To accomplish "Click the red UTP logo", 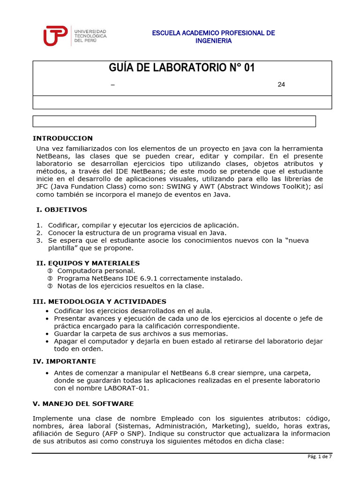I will coord(56,36).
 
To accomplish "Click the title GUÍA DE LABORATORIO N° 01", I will coord(182,68).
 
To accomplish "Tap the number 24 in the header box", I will coord(281,84).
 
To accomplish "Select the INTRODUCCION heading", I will coord(63,138).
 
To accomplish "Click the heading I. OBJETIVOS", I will coord(61,210).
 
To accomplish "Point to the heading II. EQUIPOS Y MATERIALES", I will coord(88,263).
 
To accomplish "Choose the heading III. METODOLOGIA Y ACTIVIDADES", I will coord(99,301).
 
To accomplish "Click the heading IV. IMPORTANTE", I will coord(64,361).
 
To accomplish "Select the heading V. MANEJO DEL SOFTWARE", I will coord(83,404).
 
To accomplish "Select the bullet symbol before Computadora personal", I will coord(50,271).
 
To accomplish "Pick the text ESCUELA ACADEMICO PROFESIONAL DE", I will coord(213,33).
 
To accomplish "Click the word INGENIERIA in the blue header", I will coord(213,41).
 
